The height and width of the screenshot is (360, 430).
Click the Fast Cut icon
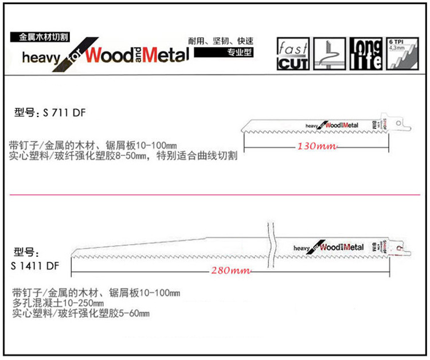pos(293,54)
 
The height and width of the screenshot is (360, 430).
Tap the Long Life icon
pos(365,54)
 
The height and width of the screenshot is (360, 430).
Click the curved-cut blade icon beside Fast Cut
pos(329,54)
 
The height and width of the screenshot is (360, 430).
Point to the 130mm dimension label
pos(316,147)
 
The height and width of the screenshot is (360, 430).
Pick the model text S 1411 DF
pos(34,265)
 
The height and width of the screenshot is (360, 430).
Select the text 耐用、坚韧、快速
pos(221,41)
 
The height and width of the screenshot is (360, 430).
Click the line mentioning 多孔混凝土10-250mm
pos(58,303)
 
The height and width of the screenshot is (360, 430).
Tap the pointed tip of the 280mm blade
pos(72,254)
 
